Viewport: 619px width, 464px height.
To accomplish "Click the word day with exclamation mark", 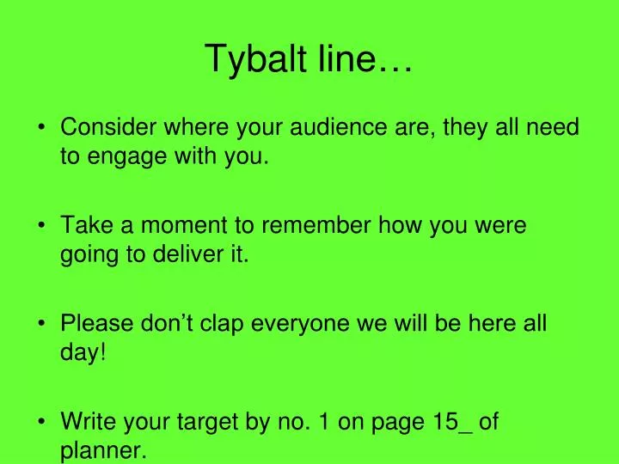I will pos(83,353).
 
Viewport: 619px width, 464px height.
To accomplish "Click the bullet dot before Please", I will pos(42,325).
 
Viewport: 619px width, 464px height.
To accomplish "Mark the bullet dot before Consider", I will pos(42,129).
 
